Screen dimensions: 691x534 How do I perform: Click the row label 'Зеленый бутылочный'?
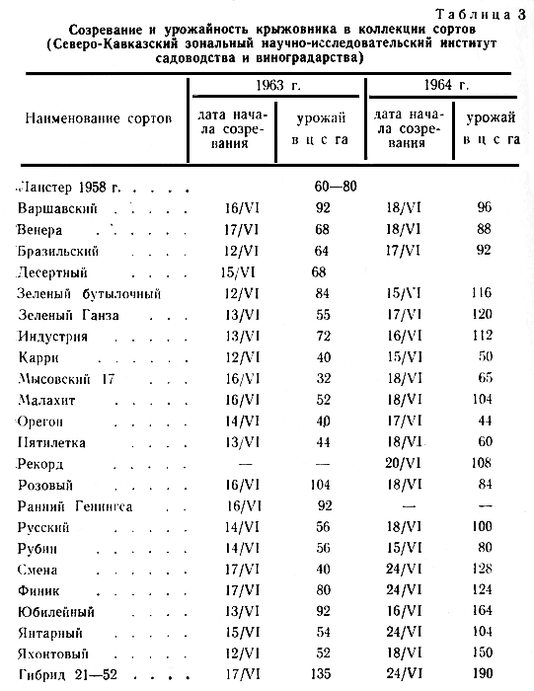(x=89, y=293)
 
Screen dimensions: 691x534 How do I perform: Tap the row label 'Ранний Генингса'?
(x=77, y=506)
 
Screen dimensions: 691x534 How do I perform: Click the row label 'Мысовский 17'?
(x=66, y=378)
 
